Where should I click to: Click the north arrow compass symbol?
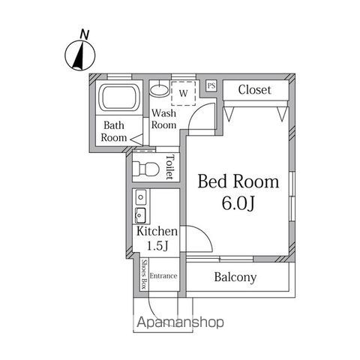(x=80, y=55)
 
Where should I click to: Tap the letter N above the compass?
(x=85, y=34)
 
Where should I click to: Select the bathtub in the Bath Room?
(x=118, y=97)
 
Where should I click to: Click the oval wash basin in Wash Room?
(x=159, y=90)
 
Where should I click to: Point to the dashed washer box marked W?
(x=183, y=93)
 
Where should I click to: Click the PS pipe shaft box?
(x=211, y=85)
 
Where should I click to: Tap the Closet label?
(x=254, y=90)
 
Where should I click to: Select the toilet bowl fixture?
(x=146, y=169)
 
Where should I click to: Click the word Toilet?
(x=170, y=167)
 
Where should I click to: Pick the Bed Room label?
(x=238, y=181)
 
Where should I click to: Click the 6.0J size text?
(x=238, y=203)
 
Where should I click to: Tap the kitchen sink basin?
(x=141, y=215)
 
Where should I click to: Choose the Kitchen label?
(x=157, y=231)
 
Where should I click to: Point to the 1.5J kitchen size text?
(x=157, y=246)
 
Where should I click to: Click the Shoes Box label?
(x=145, y=274)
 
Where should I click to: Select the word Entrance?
(x=163, y=276)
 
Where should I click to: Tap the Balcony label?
(x=235, y=277)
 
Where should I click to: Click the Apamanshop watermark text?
(x=180, y=322)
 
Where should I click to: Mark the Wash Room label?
(x=163, y=118)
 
